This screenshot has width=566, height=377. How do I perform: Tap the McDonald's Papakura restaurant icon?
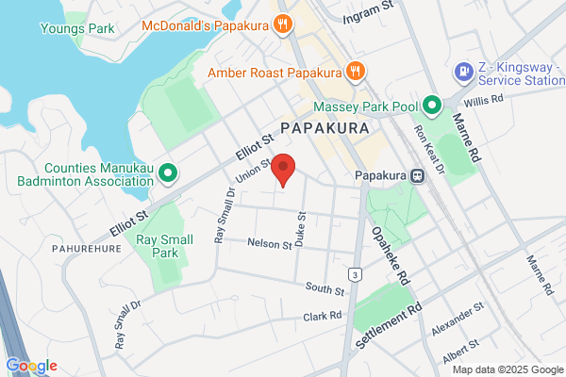(283, 25)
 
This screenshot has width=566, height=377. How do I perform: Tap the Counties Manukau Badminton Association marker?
(169, 172)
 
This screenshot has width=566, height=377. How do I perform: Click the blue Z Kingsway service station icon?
(463, 71)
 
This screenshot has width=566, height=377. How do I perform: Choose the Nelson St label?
(270, 244)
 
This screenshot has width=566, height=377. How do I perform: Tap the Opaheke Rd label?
(391, 254)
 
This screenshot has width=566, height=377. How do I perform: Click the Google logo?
(31, 366)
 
